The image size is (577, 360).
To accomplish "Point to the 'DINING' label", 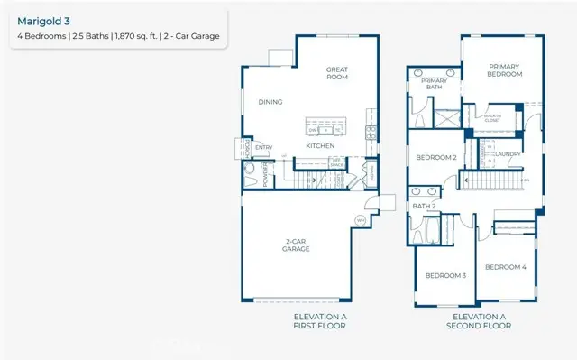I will pyautogui.click(x=270, y=102).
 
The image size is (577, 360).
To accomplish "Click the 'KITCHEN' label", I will pyautogui.click(x=320, y=145).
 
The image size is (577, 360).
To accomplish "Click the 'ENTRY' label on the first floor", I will pyautogui.click(x=263, y=147).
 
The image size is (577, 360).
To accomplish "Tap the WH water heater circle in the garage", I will pyautogui.click(x=360, y=220).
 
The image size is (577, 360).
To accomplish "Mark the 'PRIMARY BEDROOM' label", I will pyautogui.click(x=506, y=70).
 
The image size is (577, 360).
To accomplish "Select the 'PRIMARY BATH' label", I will pyautogui.click(x=435, y=84).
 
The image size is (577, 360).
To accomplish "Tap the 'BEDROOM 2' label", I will pyautogui.click(x=435, y=158).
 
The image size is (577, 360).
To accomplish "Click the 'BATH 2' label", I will pyautogui.click(x=424, y=207).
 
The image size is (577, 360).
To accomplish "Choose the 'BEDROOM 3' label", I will pyautogui.click(x=445, y=275).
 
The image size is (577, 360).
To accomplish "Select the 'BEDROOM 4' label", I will pyautogui.click(x=506, y=267).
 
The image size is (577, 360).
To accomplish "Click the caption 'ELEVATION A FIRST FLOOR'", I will pyautogui.click(x=319, y=321).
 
